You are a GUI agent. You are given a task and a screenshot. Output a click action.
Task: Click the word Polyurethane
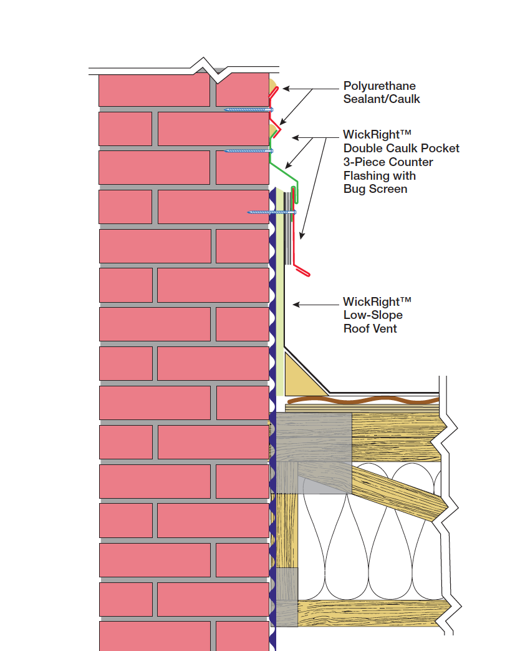(x=379, y=86)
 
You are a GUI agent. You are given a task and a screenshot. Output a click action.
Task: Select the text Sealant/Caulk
(x=382, y=99)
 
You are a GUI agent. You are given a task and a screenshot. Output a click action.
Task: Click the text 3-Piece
(x=364, y=162)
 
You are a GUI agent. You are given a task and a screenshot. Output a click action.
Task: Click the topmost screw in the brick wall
(x=248, y=110)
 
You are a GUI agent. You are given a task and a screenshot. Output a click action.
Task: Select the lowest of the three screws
(x=271, y=212)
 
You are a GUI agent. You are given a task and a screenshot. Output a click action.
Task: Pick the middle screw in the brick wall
(x=248, y=150)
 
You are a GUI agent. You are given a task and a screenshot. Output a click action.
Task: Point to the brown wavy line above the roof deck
(x=362, y=401)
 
